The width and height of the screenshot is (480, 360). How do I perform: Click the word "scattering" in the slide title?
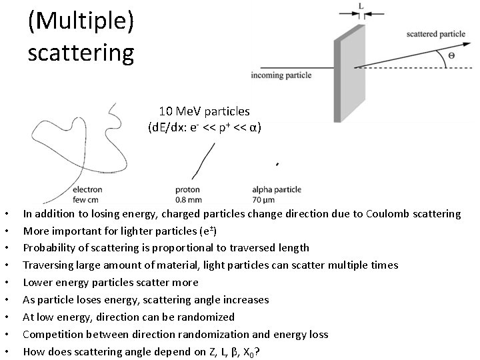(x=81, y=51)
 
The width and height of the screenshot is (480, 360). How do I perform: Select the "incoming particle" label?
(x=281, y=75)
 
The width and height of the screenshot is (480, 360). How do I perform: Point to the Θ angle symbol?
(x=451, y=56)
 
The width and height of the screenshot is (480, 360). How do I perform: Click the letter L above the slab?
(x=361, y=5)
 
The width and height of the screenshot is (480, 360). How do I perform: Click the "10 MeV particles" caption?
(x=204, y=111)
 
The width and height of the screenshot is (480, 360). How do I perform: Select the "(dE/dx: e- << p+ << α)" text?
(x=204, y=127)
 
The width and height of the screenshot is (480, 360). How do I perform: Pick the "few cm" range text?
(x=86, y=199)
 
